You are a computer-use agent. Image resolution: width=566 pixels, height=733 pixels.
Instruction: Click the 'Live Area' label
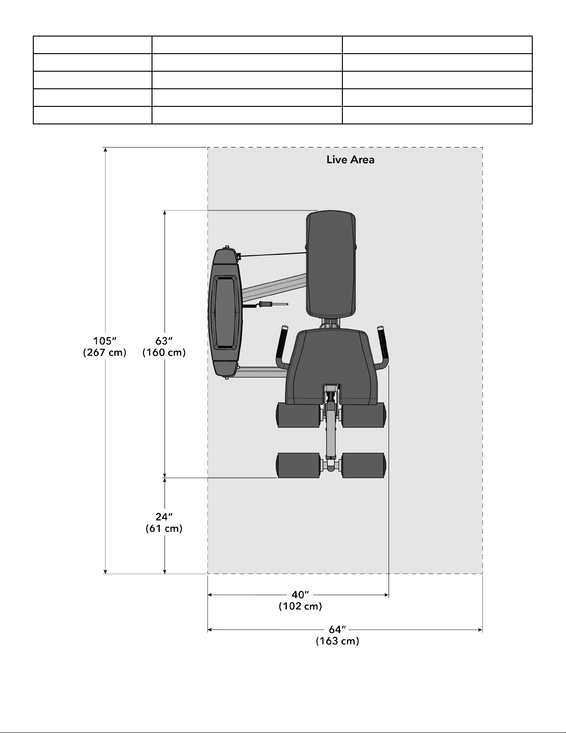click(350, 160)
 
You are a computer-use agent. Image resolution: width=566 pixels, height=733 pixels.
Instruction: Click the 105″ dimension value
click(105, 341)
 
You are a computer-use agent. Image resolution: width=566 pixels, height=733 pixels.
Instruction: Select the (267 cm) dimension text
click(105, 352)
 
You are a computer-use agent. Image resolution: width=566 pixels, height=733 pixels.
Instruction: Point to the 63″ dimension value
click(164, 341)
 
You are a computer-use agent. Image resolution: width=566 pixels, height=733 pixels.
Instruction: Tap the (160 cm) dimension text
click(164, 352)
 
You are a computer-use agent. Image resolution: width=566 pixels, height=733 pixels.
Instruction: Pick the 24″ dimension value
click(164, 517)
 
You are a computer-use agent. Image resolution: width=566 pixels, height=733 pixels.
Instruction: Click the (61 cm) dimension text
click(164, 528)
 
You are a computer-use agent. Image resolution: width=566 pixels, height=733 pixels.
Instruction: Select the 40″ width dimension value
click(300, 595)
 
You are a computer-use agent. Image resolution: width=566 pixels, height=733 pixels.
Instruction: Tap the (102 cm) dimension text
click(300, 606)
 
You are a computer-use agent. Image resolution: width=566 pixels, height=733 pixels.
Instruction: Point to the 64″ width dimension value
click(337, 629)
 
